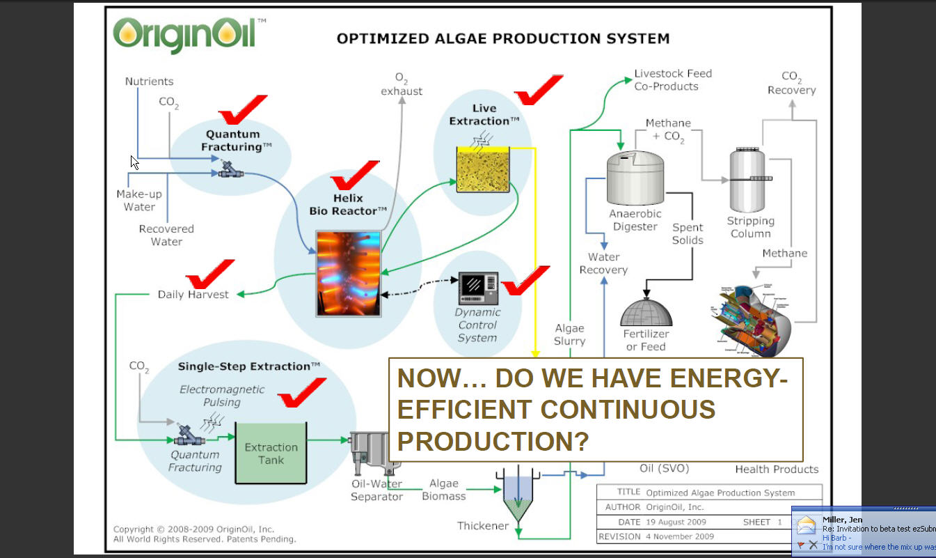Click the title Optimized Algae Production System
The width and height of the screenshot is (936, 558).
(x=502, y=38)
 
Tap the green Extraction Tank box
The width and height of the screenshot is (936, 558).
(x=271, y=454)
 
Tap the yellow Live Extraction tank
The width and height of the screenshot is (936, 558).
(x=483, y=169)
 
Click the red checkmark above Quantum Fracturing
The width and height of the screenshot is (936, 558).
(x=241, y=110)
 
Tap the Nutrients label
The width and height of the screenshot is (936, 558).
(x=149, y=82)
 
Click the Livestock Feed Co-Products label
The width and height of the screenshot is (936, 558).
(x=672, y=80)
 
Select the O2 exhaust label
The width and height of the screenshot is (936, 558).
(x=402, y=84)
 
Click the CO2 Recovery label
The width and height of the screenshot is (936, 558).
(x=791, y=83)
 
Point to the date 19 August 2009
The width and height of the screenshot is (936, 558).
(x=675, y=522)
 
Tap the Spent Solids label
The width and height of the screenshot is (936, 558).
(x=688, y=234)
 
